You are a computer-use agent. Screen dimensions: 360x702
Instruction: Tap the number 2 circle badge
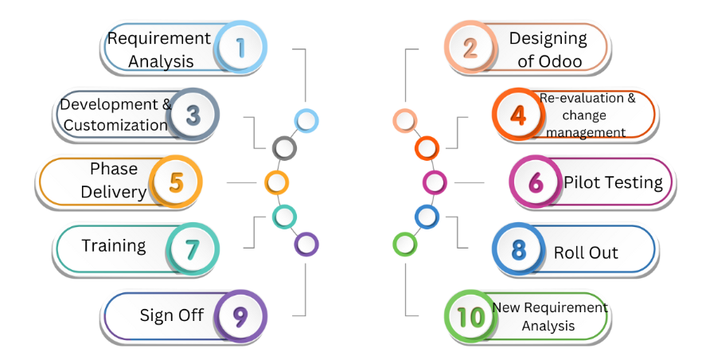pyautogui.click(x=470, y=49)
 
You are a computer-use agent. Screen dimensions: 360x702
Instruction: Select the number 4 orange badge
pyautogui.click(x=518, y=115)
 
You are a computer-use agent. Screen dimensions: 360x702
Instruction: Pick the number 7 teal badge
pyautogui.click(x=192, y=249)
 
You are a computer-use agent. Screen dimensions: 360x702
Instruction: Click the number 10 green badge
pyautogui.click(x=470, y=316)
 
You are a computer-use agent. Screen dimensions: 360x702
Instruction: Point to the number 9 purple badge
pyautogui.click(x=240, y=316)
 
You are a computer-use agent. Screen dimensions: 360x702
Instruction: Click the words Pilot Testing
pyautogui.click(x=613, y=182)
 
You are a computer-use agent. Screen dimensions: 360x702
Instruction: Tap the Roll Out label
pyautogui.click(x=586, y=253)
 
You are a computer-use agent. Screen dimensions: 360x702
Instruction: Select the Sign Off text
pyautogui.click(x=172, y=315)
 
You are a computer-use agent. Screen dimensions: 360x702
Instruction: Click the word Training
pyautogui.click(x=114, y=245)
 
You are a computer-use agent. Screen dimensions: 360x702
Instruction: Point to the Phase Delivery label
pyautogui.click(x=114, y=180)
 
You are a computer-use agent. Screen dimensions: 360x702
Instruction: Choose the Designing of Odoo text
pyautogui.click(x=548, y=49)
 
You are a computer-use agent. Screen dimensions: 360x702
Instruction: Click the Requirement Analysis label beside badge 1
pyautogui.click(x=159, y=49)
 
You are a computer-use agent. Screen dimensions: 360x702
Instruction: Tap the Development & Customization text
pyautogui.click(x=115, y=115)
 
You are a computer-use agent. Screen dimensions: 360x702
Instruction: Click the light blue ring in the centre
pyautogui.click(x=306, y=120)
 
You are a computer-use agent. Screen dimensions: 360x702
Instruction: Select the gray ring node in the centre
pyautogui.click(x=284, y=147)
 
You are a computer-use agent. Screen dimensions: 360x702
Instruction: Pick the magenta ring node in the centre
pyautogui.click(x=434, y=182)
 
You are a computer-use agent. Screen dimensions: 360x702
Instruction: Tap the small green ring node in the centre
pyautogui.click(x=404, y=243)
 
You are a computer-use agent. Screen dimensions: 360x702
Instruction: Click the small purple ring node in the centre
pyautogui.click(x=306, y=244)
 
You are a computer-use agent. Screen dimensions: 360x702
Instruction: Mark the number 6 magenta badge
pyautogui.click(x=536, y=182)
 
